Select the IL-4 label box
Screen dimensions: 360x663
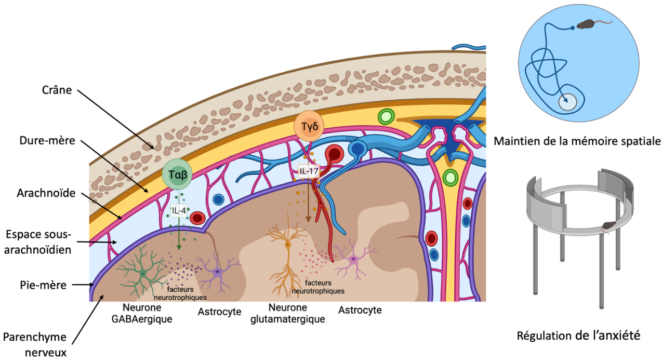click(x=179, y=211)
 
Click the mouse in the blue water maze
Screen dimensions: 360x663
click(x=587, y=24)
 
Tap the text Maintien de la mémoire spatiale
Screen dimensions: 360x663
click(x=577, y=141)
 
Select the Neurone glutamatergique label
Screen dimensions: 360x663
click(x=287, y=313)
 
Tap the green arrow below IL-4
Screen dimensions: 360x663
click(x=179, y=234)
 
